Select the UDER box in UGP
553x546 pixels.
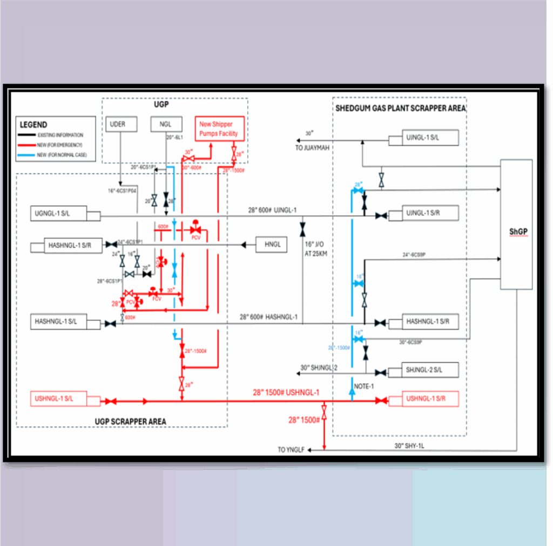pyautogui.click(x=118, y=124)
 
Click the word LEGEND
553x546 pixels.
pyautogui.click(x=33, y=125)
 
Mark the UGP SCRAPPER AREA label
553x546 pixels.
pyautogui.click(x=130, y=421)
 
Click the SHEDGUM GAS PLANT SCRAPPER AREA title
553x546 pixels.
pyautogui.click(x=400, y=108)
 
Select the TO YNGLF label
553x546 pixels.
pyautogui.click(x=291, y=449)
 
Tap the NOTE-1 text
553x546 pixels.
pyautogui.click(x=365, y=386)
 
